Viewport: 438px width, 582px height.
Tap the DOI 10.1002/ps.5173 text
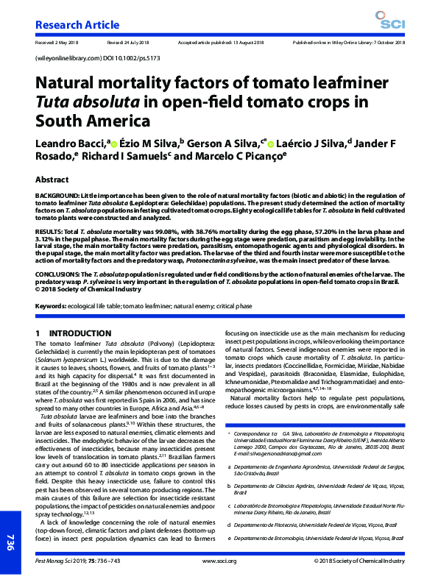[x=129, y=57]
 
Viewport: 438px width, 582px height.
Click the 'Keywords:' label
[x=51, y=305]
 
